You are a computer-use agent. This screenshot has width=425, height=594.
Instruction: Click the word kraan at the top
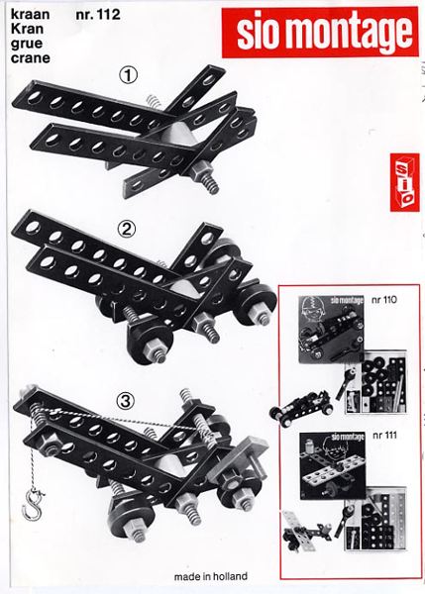click(x=31, y=15)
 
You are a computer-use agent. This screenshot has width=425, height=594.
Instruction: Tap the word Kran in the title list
click(x=27, y=29)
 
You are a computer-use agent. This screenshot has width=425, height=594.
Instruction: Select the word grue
click(x=27, y=45)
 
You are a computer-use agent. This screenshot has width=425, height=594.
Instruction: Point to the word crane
click(x=31, y=58)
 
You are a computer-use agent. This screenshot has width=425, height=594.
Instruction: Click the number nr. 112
click(x=98, y=15)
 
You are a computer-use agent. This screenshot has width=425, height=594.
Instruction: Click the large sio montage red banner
click(x=320, y=33)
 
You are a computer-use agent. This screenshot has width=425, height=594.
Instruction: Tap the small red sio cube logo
click(x=404, y=182)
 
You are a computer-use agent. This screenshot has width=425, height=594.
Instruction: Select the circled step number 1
click(x=128, y=75)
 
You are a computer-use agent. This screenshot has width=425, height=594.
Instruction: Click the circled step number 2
click(x=127, y=229)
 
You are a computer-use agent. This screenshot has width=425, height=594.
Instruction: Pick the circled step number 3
click(x=126, y=401)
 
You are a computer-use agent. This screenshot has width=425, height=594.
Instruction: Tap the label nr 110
click(x=384, y=300)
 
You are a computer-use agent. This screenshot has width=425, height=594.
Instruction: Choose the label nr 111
click(x=384, y=435)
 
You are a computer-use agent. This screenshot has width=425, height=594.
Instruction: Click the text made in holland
click(x=211, y=576)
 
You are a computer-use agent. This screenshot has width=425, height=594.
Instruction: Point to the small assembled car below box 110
click(x=301, y=408)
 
